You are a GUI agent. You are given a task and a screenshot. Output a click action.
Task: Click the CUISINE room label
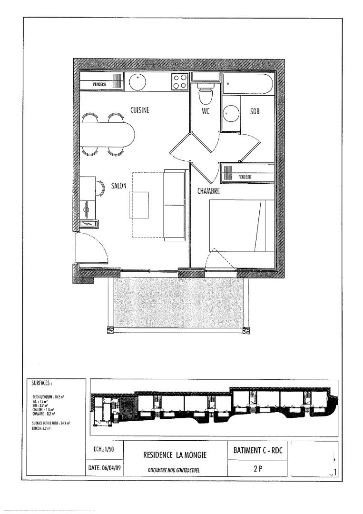click(140, 110)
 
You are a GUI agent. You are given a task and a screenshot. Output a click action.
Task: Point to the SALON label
click(118, 187)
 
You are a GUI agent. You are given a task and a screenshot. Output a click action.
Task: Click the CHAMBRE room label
click(208, 191)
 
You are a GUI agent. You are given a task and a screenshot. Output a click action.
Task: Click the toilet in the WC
click(205, 95)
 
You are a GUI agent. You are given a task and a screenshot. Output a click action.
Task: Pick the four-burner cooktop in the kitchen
click(179, 82)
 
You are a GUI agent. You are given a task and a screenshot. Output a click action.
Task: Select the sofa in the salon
click(174, 205)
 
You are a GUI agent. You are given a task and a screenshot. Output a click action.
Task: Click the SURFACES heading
click(42, 382)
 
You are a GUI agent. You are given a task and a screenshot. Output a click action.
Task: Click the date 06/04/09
click(105, 468)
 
